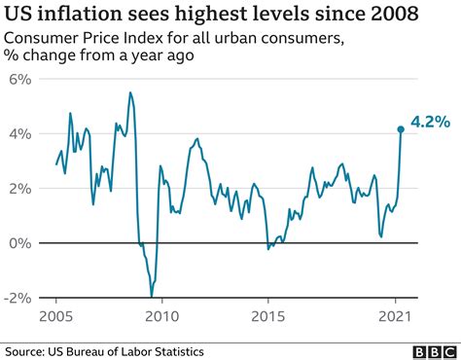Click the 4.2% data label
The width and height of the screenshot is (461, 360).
click(429, 122)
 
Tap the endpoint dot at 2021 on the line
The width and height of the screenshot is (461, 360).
click(400, 128)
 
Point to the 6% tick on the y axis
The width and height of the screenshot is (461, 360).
click(19, 79)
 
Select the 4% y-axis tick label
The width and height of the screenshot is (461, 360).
click(19, 133)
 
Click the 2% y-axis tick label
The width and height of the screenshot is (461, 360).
click(19, 188)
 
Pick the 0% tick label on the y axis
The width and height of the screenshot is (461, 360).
click(19, 242)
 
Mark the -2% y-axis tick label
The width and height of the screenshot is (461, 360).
click(17, 297)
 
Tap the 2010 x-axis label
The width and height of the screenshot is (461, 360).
click(161, 316)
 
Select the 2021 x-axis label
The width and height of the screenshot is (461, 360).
click(392, 316)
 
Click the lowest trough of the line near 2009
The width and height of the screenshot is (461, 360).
click(152, 296)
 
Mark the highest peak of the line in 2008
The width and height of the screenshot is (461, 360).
click(130, 92)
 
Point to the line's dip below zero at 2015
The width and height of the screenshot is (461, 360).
click(268, 249)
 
